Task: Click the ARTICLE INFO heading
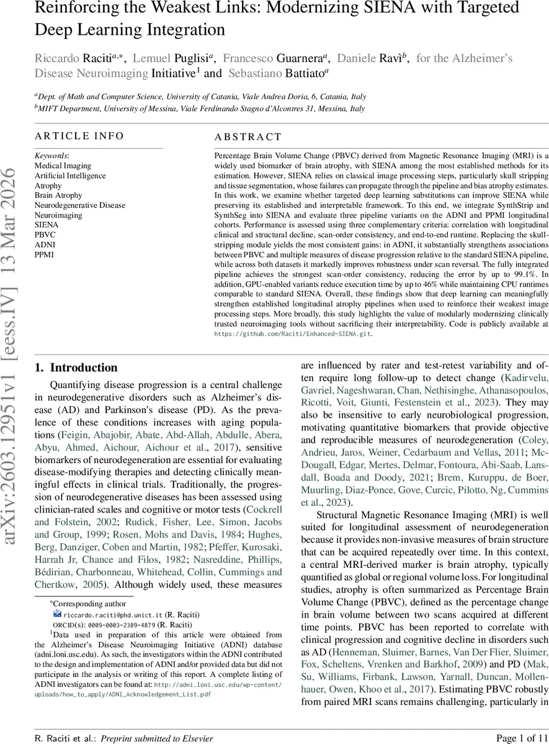coord(79,136)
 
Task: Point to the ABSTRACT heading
coord(248,137)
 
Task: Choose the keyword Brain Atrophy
coord(58,195)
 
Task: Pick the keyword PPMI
coord(43,255)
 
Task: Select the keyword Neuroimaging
coord(57,215)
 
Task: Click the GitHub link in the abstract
coord(293,334)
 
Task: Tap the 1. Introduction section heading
coord(76,368)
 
